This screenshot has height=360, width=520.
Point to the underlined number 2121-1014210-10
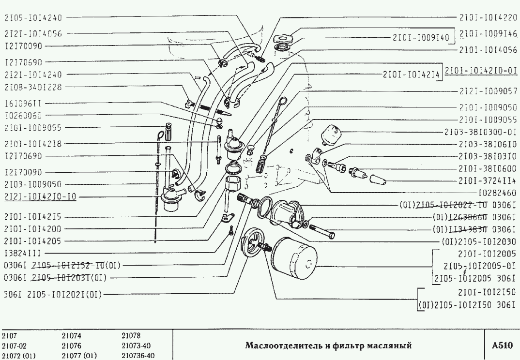point(41,197)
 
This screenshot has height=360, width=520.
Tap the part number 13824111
point(23,253)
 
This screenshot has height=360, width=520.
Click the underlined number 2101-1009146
point(488,34)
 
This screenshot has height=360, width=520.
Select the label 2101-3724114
point(488,180)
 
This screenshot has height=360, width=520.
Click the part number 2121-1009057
point(488,90)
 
